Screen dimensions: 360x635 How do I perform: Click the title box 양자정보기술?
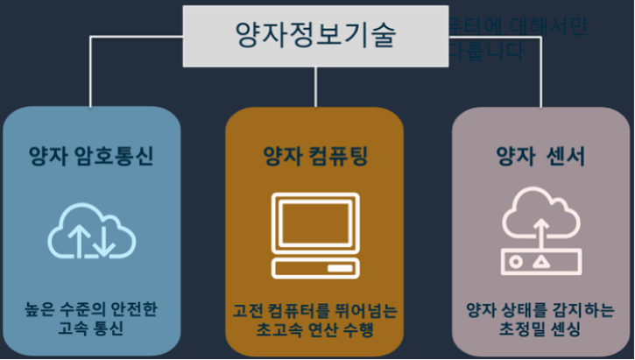[315, 36]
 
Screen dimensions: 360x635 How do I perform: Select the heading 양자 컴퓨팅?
[315, 157]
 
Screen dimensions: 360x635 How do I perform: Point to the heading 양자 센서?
[541, 157]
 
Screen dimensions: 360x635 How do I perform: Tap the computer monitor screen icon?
[315, 222]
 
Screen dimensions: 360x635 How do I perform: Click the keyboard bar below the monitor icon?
[315, 267]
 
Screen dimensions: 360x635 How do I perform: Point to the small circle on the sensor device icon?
[517, 261]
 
